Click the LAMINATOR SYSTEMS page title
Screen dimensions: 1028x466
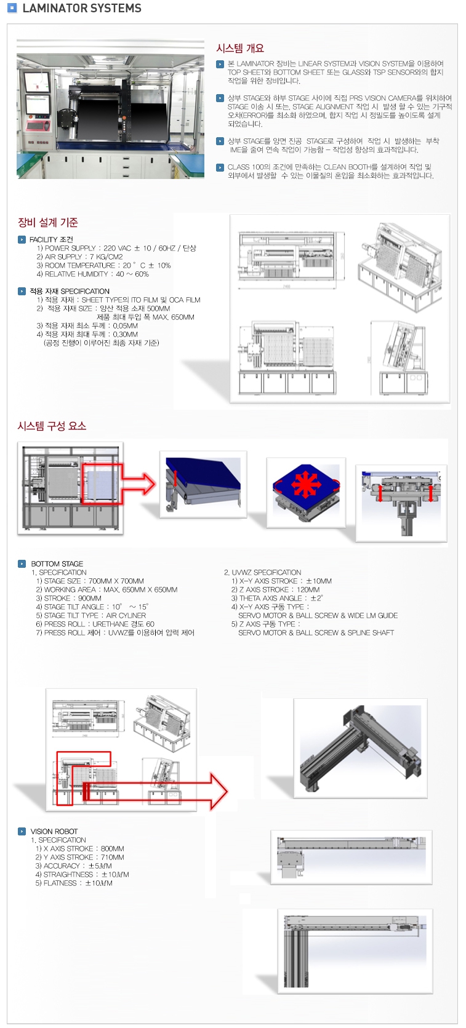81,9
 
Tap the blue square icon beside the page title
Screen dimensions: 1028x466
12,9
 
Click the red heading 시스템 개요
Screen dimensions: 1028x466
239,48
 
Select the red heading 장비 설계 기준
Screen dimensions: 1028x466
47,223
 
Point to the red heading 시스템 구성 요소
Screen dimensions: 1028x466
51,426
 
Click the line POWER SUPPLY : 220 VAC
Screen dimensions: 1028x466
116,249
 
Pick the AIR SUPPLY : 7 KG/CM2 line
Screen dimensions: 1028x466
79,257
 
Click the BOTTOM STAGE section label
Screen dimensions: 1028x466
57,564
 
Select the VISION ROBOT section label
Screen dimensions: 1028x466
54,831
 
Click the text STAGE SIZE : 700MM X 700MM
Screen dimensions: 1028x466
90,581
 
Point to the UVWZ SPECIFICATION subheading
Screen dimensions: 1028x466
262,572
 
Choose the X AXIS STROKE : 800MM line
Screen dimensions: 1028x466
79,848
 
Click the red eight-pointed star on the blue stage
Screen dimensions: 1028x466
306,484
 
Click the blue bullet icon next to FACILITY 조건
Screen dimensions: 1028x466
22,239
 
